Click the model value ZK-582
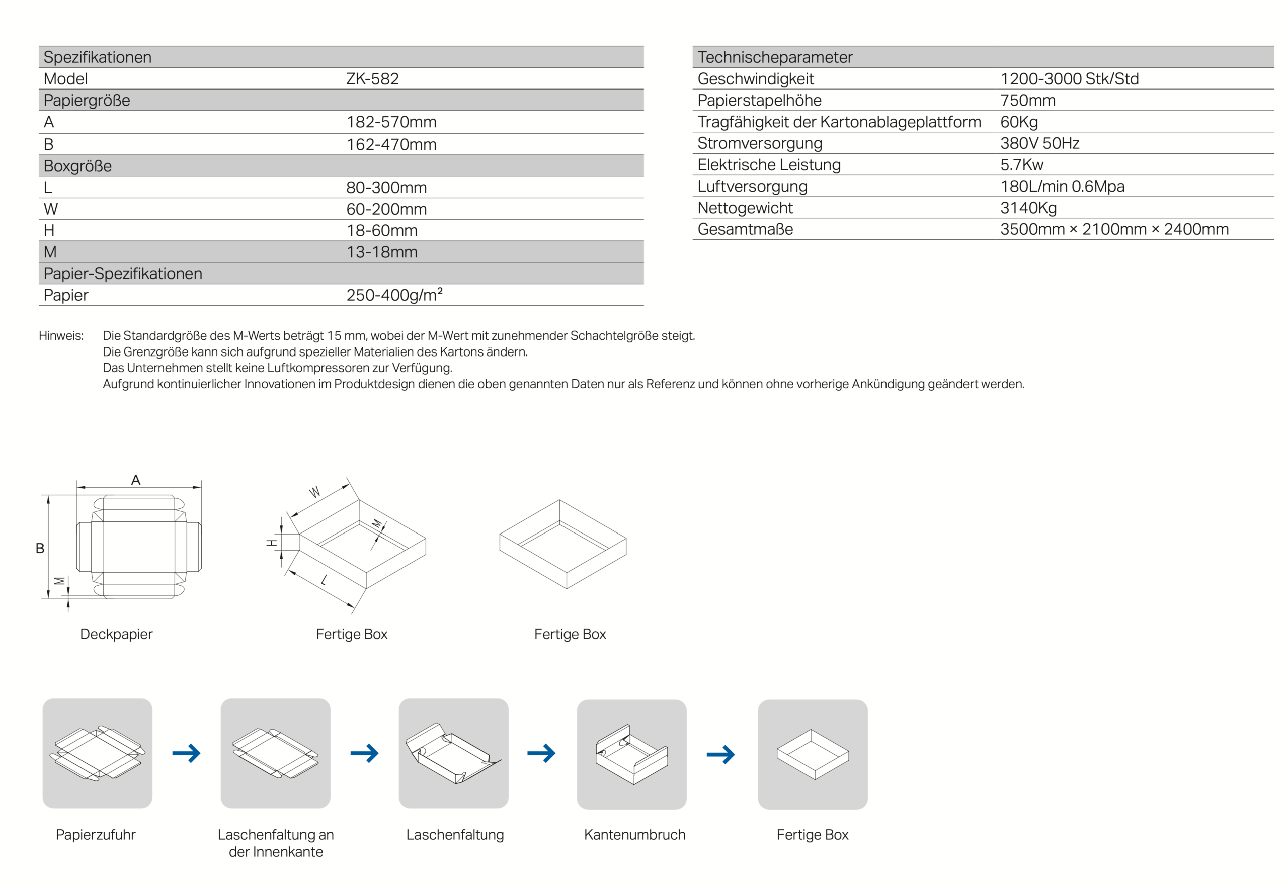(372, 79)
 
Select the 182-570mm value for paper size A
(391, 122)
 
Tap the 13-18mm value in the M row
(381, 252)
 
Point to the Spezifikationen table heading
(98, 57)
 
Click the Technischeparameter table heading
(774, 57)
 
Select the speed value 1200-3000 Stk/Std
(1069, 79)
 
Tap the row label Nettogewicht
(745, 208)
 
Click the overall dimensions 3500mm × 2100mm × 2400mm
(1114, 229)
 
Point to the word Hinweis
(61, 335)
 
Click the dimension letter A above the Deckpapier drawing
(136, 480)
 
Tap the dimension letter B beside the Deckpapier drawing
(40, 548)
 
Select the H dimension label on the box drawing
(272, 543)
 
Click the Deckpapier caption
(116, 634)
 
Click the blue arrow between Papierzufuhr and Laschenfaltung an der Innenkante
(186, 753)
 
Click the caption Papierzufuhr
(96, 835)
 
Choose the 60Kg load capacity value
(1019, 122)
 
